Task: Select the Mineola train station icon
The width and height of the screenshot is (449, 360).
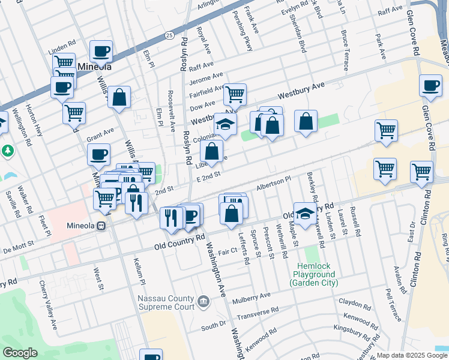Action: tap(101, 226)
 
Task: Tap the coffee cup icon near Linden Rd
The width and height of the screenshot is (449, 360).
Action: tap(101, 51)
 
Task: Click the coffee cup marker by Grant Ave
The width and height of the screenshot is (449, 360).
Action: tap(98, 155)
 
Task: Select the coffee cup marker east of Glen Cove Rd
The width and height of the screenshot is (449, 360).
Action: tap(430, 85)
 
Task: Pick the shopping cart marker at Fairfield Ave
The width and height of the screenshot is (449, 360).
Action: tap(235, 94)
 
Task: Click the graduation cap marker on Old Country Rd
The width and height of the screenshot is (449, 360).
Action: tap(305, 212)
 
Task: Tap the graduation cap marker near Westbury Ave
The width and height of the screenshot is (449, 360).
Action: tap(225, 124)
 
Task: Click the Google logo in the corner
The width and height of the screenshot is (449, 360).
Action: tap(19, 353)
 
